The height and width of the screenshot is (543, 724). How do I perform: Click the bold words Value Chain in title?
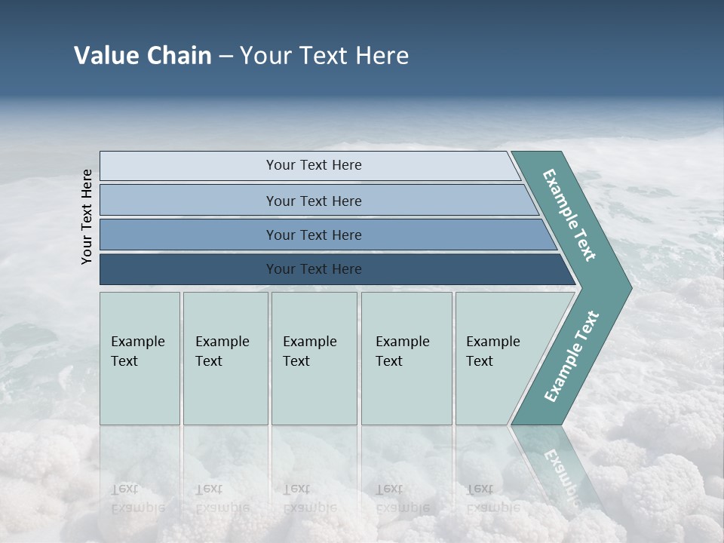point(143,56)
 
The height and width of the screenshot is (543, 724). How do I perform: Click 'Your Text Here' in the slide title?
point(324,56)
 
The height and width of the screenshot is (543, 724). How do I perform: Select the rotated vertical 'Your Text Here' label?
point(87,216)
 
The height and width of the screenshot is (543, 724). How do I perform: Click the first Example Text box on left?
point(140,358)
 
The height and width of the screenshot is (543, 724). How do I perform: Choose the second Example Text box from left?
point(225,358)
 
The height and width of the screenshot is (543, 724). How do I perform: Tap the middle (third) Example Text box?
point(314,358)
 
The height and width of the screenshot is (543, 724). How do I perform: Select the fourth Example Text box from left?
point(406,358)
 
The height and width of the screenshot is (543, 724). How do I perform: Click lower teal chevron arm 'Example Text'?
point(572,356)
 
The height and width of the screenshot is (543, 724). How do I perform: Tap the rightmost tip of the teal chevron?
point(629,287)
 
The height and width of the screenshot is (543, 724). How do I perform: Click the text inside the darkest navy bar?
point(314,269)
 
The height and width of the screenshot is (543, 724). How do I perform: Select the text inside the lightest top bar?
point(314,165)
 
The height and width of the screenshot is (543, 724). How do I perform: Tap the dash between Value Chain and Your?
point(225,57)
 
